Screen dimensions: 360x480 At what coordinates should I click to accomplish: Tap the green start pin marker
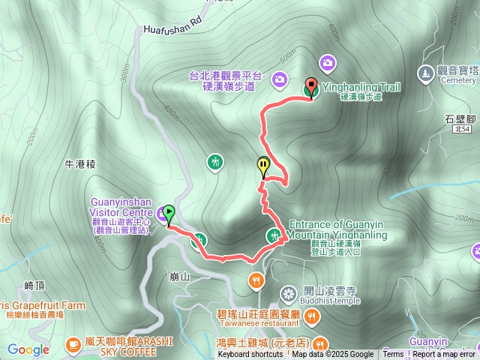pos(169,214)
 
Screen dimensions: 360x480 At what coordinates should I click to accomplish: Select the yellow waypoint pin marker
pos(263,166)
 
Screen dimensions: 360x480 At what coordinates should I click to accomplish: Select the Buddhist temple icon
pos(288,292)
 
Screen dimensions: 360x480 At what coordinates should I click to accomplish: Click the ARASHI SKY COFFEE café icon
pos(73,343)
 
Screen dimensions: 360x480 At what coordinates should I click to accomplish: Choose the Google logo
pos(28,349)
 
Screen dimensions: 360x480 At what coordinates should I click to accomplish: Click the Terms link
pos(393,355)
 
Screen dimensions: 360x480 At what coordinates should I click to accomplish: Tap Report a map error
pos(444,355)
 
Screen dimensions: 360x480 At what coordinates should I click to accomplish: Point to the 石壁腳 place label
pos(460,118)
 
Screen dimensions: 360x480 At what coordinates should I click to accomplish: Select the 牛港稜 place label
pos(81,162)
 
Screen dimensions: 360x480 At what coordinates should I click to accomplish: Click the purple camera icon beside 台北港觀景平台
pos(279,78)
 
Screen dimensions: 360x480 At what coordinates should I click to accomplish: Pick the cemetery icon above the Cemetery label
pos(427,73)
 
